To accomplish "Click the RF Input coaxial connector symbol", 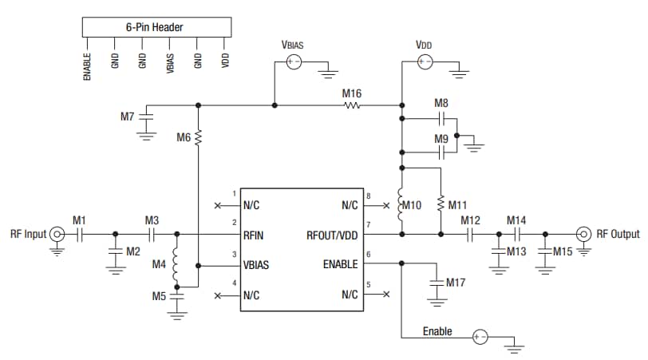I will (x=57, y=234).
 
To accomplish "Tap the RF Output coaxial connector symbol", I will (x=583, y=234).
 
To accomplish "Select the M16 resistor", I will (x=352, y=105).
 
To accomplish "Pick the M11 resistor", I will (x=441, y=204).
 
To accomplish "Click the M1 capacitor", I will (x=79, y=234).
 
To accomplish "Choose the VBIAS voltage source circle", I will (x=294, y=61).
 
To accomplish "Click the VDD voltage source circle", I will (x=425, y=61).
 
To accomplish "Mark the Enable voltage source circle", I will (x=480, y=337).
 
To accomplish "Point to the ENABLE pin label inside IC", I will (x=342, y=264).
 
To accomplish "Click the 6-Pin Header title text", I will (x=155, y=27).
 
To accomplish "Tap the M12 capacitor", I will (x=470, y=234).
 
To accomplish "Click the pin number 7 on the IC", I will (x=369, y=225).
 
